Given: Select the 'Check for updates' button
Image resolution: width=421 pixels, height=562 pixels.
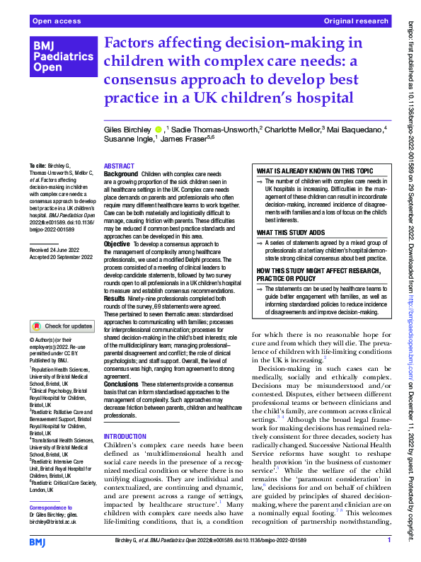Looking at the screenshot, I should (x=62, y=326).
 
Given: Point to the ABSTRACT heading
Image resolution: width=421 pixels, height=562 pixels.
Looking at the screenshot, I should (x=119, y=164).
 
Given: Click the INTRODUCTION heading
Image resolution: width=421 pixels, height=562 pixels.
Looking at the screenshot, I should (x=125, y=437).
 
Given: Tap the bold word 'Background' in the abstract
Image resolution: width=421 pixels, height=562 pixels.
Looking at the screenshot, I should (x=120, y=173).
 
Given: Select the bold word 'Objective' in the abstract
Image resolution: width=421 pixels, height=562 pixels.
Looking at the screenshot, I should (x=117, y=243).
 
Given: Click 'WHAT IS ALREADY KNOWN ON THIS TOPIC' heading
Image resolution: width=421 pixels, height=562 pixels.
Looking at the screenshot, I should (x=314, y=171).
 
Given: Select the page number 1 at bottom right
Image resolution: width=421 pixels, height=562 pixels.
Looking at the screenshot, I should (x=389, y=540).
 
